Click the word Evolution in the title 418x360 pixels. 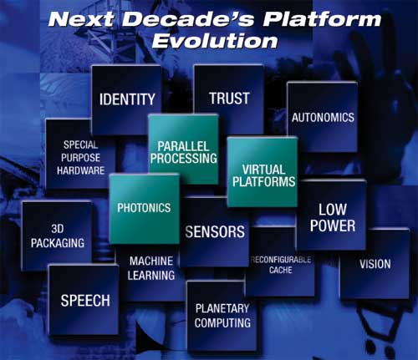[x=215, y=41]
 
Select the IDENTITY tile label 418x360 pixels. [x=127, y=99]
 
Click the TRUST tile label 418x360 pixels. [x=229, y=99]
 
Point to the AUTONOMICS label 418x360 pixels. [x=323, y=118]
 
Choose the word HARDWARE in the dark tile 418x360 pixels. [x=80, y=170]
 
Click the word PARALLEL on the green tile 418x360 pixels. [x=183, y=146]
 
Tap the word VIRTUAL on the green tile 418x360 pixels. [x=263, y=170]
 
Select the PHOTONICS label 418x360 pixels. [x=144, y=208]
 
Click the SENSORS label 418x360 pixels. [x=215, y=231]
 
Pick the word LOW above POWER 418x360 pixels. [x=333, y=210]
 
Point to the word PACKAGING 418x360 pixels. [x=58, y=243]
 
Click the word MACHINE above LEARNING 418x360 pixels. [x=151, y=261]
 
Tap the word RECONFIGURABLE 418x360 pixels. [x=281, y=260]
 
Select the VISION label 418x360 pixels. [x=375, y=264]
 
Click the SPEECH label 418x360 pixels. [x=85, y=301]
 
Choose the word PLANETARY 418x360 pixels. [x=222, y=308]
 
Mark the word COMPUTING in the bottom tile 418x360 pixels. [x=222, y=323]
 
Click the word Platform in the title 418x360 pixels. [x=322, y=19]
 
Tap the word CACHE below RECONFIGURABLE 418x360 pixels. [x=281, y=270]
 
